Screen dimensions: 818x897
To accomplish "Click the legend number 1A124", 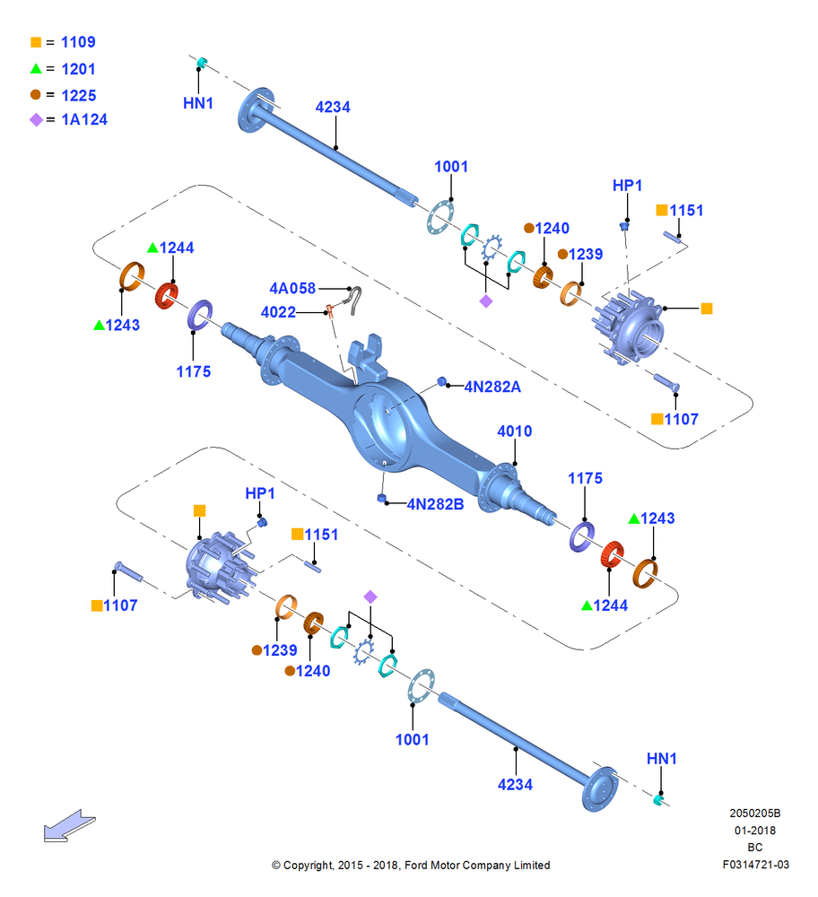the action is pos(84,119).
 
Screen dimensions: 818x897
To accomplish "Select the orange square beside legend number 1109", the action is pos(36,42).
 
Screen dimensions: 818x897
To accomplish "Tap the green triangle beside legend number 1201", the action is pos(36,69).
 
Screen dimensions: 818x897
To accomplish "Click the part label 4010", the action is pos(514,431).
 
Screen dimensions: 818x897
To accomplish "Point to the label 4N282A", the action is pos(492,388).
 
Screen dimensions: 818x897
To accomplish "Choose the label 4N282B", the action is pos(435,504).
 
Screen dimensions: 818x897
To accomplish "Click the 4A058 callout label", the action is pos(292,288).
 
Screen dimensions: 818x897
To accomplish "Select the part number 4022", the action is pos(278,312).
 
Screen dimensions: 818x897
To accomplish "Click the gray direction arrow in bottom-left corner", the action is pos(69,825).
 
